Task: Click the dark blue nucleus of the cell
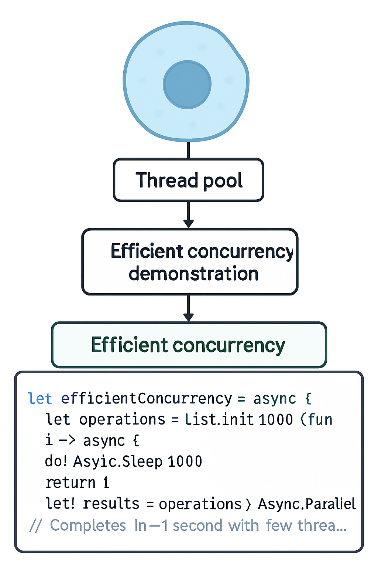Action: tap(187, 84)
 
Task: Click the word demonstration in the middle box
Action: tap(193, 274)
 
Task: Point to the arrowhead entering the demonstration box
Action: tap(189, 223)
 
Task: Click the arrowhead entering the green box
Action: tap(189, 317)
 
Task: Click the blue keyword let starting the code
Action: tap(40, 399)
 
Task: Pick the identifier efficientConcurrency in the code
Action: tap(146, 399)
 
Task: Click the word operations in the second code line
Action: tap(122, 420)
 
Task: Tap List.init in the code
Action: tap(219, 420)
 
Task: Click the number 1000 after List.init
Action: tap(275, 420)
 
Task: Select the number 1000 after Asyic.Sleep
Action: tap(185, 461)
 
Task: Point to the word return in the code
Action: tap(70, 483)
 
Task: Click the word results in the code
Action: tap(111, 504)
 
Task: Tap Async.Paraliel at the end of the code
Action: tap(307, 504)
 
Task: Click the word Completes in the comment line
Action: tap(88, 525)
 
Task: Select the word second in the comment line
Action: tap(197, 525)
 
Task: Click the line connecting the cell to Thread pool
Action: tap(189, 150)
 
